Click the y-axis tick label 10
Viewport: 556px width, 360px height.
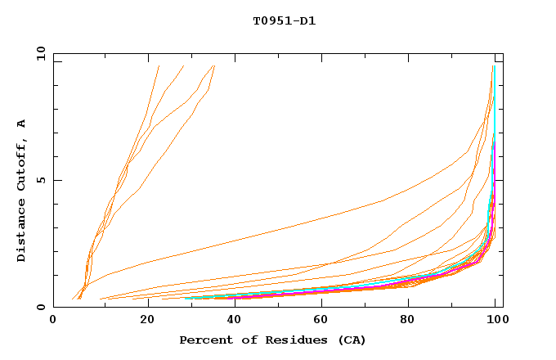(39, 53)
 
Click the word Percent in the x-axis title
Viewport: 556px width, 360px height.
(204, 340)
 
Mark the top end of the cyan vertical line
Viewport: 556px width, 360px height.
(494, 65)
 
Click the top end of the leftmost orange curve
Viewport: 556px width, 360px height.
(159, 65)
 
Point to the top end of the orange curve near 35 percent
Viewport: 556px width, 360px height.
(214, 65)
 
